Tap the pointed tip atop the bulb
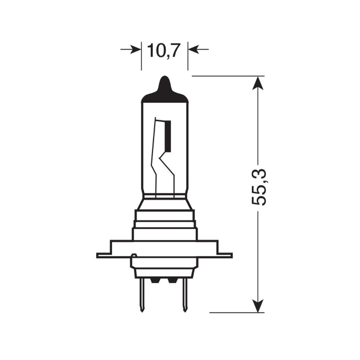coord(165,81)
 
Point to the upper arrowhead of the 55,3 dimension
coord(257,83)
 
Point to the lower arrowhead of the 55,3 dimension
coord(257,306)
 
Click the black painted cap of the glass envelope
coord(165,95)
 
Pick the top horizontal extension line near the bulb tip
coord(225,76)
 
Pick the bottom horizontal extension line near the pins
coord(234,312)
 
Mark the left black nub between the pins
coord(155,280)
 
